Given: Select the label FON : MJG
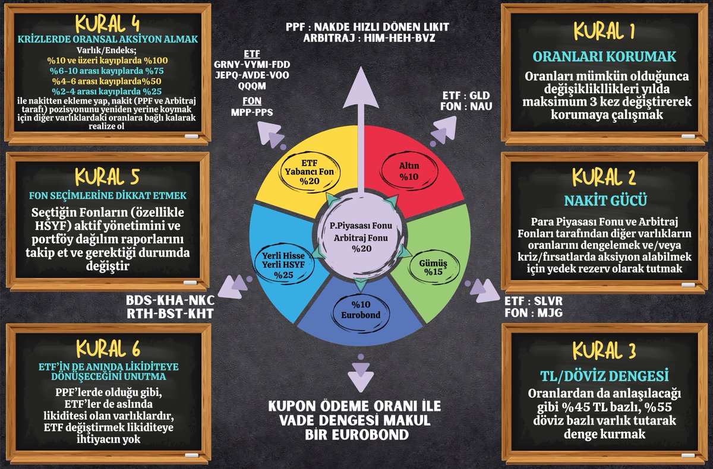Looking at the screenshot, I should [x=533, y=313].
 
